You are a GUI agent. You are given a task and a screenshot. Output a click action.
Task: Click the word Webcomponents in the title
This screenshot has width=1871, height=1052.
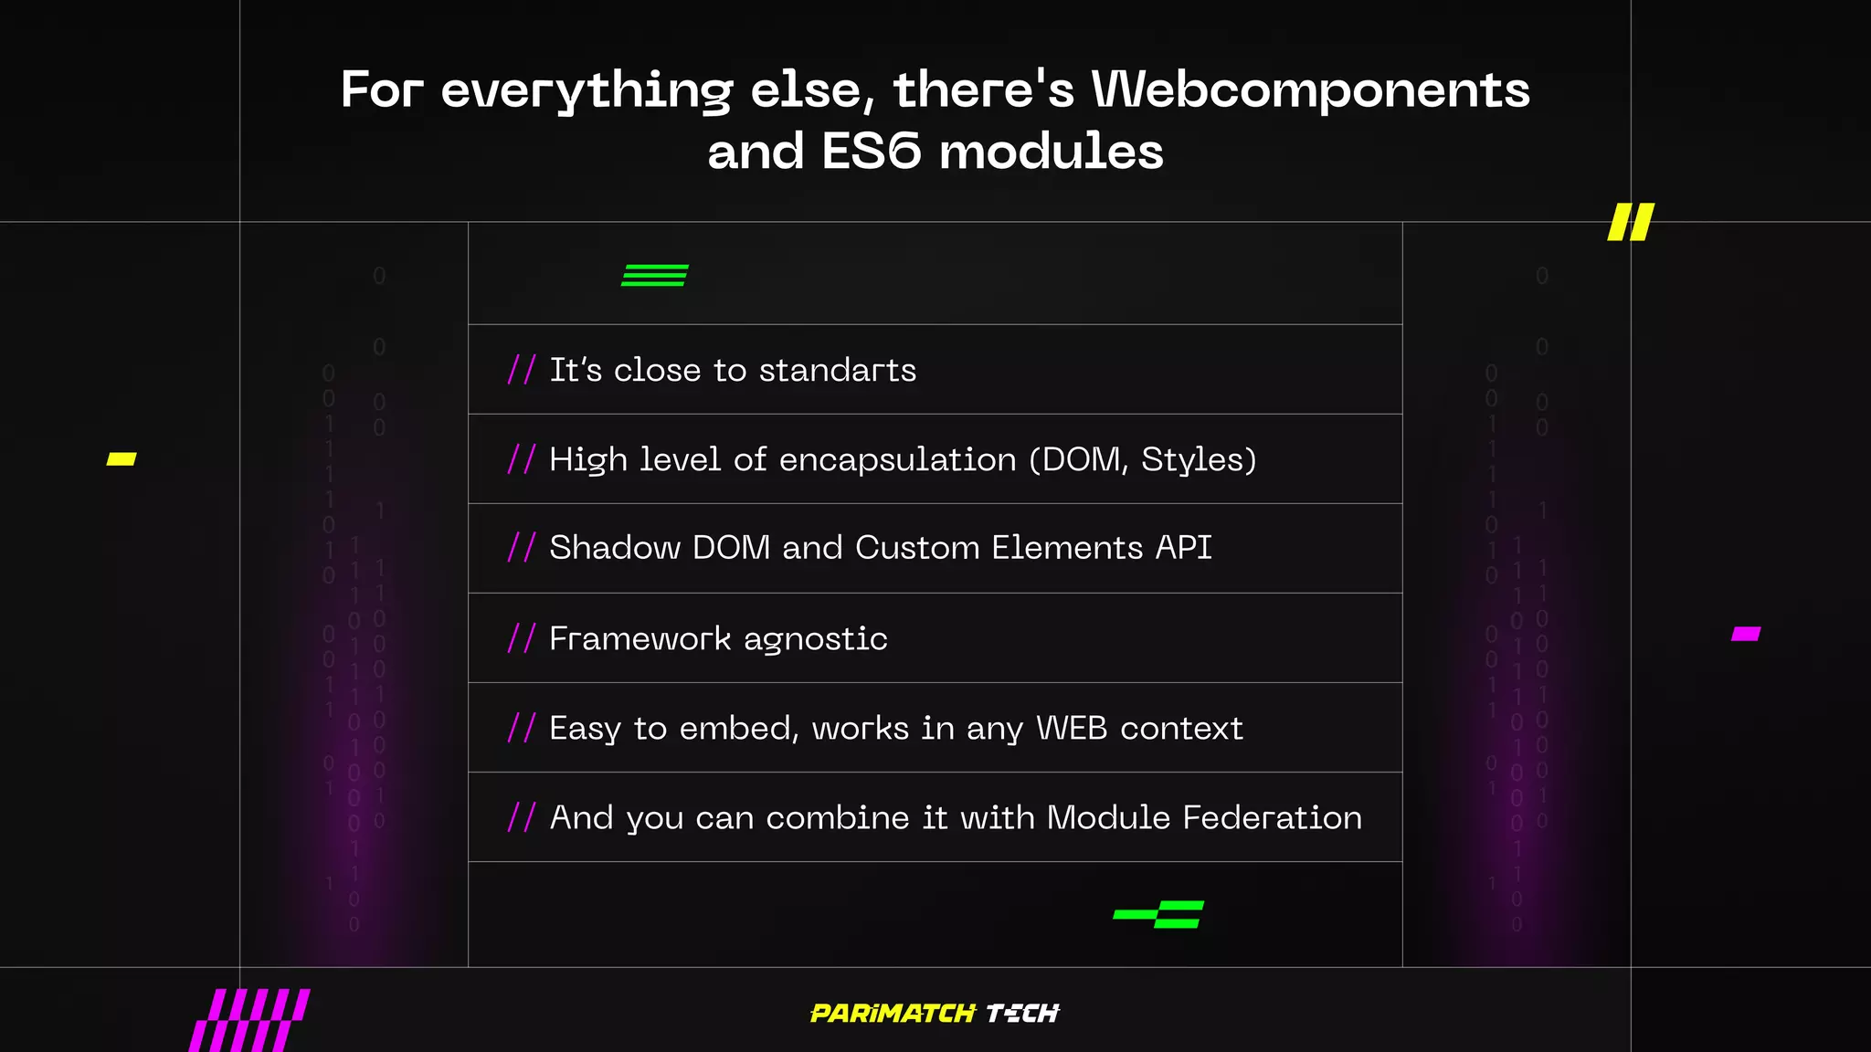tap(1310, 89)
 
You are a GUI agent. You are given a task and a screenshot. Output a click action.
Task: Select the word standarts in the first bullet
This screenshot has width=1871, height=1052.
tap(837, 370)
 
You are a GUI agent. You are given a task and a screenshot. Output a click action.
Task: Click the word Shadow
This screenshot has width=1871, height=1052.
tap(614, 548)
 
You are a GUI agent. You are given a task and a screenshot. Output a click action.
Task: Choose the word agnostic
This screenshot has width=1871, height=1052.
tap(815, 639)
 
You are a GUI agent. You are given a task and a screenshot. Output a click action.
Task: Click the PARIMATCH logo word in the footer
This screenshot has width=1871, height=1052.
tap(893, 1013)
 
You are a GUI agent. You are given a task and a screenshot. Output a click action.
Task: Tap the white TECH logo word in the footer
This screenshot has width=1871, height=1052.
tap(1022, 1013)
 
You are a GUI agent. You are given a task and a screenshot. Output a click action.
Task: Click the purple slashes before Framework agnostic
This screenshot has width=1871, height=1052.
tap(521, 637)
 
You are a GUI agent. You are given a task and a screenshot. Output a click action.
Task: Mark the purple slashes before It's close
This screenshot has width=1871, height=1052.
tap(521, 369)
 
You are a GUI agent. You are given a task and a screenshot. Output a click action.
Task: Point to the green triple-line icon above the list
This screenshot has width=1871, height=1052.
tap(655, 275)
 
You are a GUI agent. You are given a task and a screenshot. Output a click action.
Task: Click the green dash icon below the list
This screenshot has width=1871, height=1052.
tap(1159, 914)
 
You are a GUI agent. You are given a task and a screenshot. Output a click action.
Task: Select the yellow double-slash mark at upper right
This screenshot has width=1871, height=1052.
tap(1631, 222)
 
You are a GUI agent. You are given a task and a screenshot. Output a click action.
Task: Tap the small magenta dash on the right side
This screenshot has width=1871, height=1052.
tap(1746, 634)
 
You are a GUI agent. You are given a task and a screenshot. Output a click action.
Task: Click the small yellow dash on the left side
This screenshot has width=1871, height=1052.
tap(122, 458)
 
